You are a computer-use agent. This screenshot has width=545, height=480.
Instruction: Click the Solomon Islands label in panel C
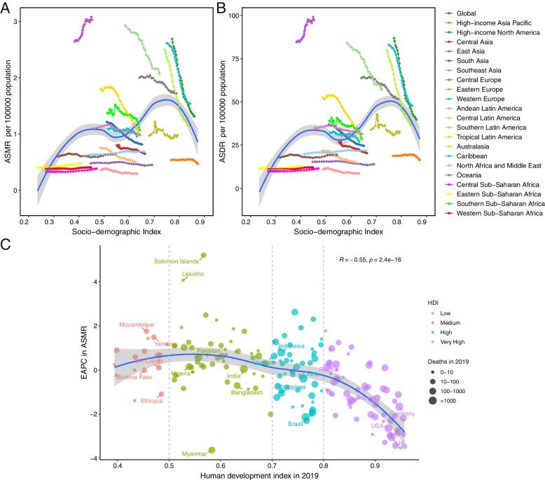click(176, 261)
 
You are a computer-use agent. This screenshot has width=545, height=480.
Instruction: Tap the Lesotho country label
click(193, 275)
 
